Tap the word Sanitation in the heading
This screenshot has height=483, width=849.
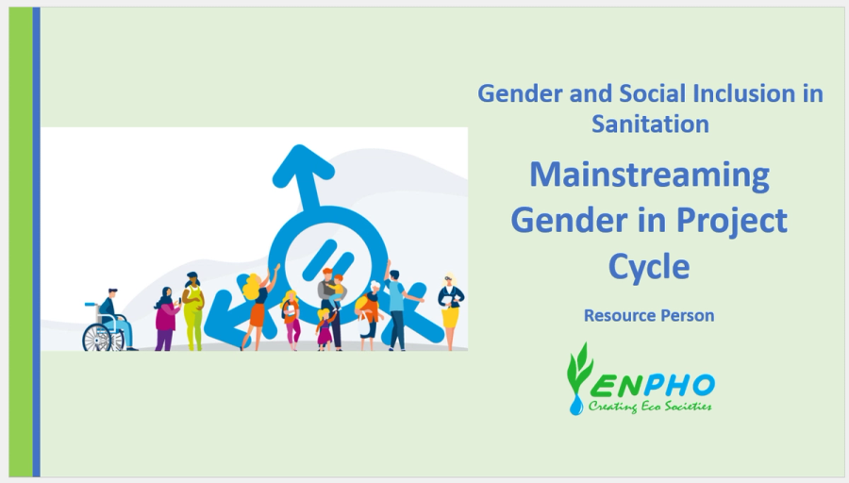(x=650, y=124)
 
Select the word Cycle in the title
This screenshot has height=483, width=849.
(x=649, y=266)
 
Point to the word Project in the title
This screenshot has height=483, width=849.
(x=731, y=221)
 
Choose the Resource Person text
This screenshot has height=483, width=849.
(x=649, y=315)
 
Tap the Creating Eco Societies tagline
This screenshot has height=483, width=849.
(x=650, y=406)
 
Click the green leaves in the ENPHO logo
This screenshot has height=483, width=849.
(x=577, y=368)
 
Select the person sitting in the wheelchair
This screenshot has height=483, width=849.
(x=113, y=318)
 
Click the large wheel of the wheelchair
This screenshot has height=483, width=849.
(x=97, y=339)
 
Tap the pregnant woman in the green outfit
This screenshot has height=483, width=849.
(x=192, y=310)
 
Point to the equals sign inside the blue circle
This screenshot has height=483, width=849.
(x=326, y=258)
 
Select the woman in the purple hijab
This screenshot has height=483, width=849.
(x=166, y=319)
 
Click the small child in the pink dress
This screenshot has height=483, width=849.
(x=325, y=329)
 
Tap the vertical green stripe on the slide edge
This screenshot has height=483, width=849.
(x=21, y=242)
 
